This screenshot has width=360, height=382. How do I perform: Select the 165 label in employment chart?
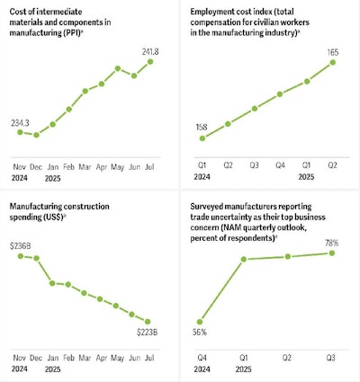pos(332,53)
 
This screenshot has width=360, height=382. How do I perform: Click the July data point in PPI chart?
pos(149,62)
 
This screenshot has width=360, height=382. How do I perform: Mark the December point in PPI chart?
pos(36,135)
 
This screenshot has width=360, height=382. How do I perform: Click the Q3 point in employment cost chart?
pos(255,109)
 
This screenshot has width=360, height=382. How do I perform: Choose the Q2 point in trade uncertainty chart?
pos(288,256)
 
